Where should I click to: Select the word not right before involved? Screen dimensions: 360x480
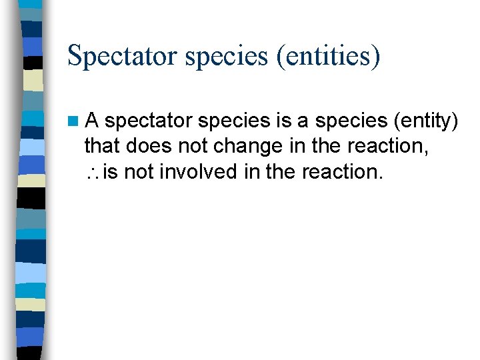(138, 171)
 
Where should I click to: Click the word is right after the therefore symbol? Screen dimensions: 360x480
(111, 171)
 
